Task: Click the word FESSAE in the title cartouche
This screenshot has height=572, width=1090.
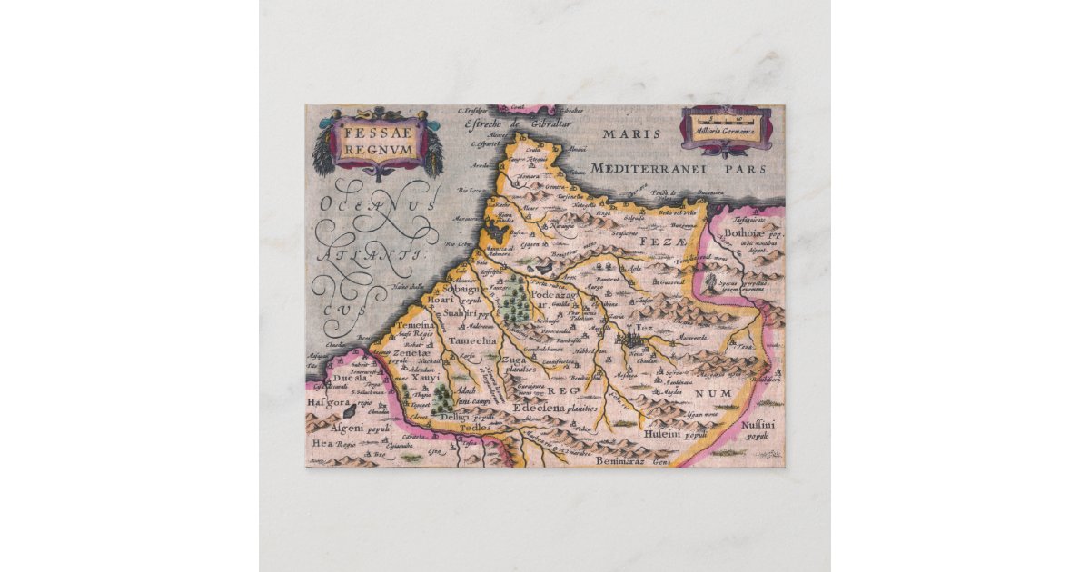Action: pyautogui.click(x=378, y=131)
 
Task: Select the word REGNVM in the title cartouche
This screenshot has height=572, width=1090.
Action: pyautogui.click(x=378, y=148)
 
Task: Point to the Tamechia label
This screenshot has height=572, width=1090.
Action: pyautogui.click(x=472, y=340)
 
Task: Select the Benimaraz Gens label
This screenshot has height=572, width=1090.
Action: pyautogui.click(x=632, y=461)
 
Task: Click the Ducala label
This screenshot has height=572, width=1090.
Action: pyautogui.click(x=348, y=380)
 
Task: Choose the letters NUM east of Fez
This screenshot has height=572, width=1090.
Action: pyautogui.click(x=707, y=392)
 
